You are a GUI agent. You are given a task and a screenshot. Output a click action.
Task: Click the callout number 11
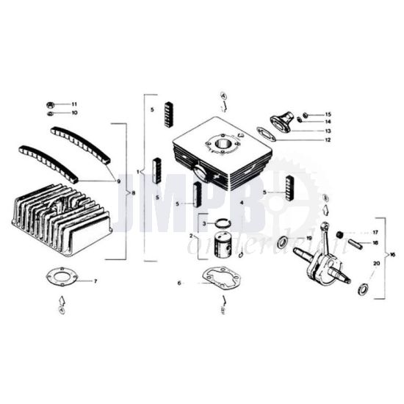click(x=74, y=104)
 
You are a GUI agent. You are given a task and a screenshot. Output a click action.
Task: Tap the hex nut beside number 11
click(x=49, y=104)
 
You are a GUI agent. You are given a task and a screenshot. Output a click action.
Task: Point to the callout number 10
click(x=74, y=113)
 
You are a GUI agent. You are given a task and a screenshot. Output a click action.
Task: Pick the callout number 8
click(x=133, y=192)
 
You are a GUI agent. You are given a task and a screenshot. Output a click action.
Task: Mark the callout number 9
click(x=118, y=180)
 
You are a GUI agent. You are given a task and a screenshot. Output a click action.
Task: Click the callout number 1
click(x=137, y=171)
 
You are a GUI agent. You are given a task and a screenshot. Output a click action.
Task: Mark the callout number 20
click(x=377, y=262)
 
